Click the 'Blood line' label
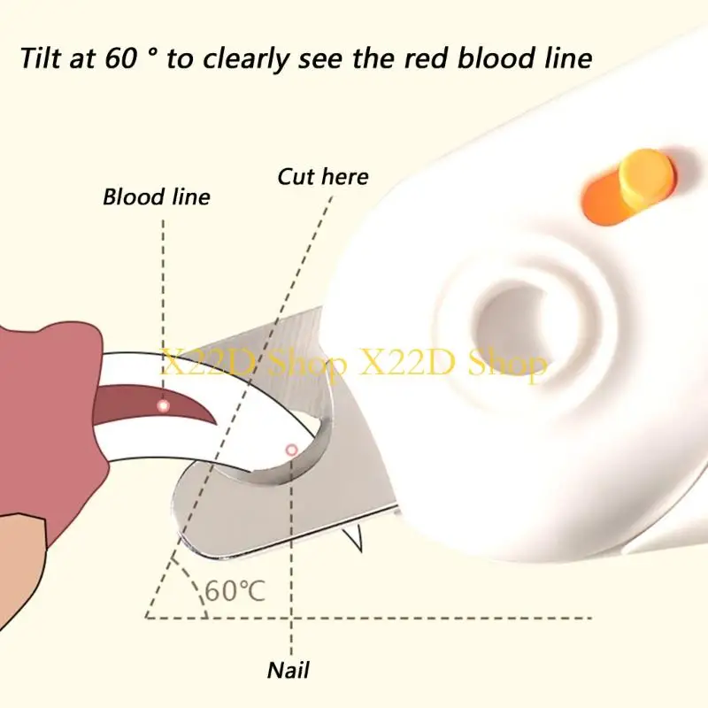tap(157, 197)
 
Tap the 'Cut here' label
tap(323, 176)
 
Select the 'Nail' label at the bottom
tap(289, 670)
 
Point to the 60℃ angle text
tap(235, 590)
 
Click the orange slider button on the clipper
tap(648, 176)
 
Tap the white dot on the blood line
tap(164, 405)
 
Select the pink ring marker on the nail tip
tap(292, 450)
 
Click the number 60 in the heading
tap(121, 58)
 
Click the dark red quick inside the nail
tap(154, 404)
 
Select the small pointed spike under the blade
tap(353, 537)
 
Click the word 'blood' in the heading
tap(496, 58)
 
